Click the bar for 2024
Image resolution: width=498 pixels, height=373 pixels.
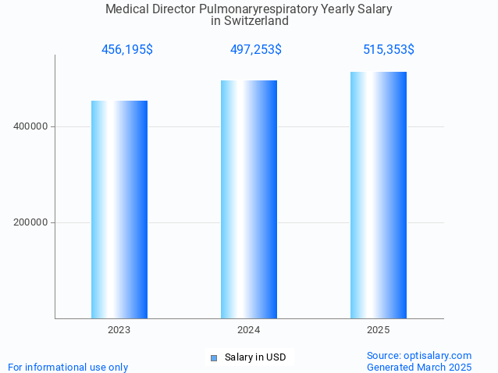coord(249,199)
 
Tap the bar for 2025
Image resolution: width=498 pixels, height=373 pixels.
coord(379,195)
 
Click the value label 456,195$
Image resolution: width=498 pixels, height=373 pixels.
coord(127,50)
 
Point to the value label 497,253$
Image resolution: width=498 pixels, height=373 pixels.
coord(256,50)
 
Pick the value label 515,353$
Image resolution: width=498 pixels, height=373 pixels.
coord(389,50)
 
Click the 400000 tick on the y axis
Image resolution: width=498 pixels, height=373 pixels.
coord(32,126)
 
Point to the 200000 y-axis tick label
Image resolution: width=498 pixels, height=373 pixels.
coord(32,222)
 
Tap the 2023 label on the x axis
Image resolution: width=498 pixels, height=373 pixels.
coord(119,330)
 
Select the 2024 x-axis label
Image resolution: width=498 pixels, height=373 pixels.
coord(249,330)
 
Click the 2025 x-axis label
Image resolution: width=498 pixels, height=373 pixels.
coord(379,330)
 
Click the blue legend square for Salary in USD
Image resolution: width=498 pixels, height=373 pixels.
coord(213,358)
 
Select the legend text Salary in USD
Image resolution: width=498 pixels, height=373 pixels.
coord(255,357)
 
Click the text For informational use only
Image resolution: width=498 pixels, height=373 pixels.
coord(68,367)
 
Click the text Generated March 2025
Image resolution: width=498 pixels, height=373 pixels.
coord(419,367)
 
